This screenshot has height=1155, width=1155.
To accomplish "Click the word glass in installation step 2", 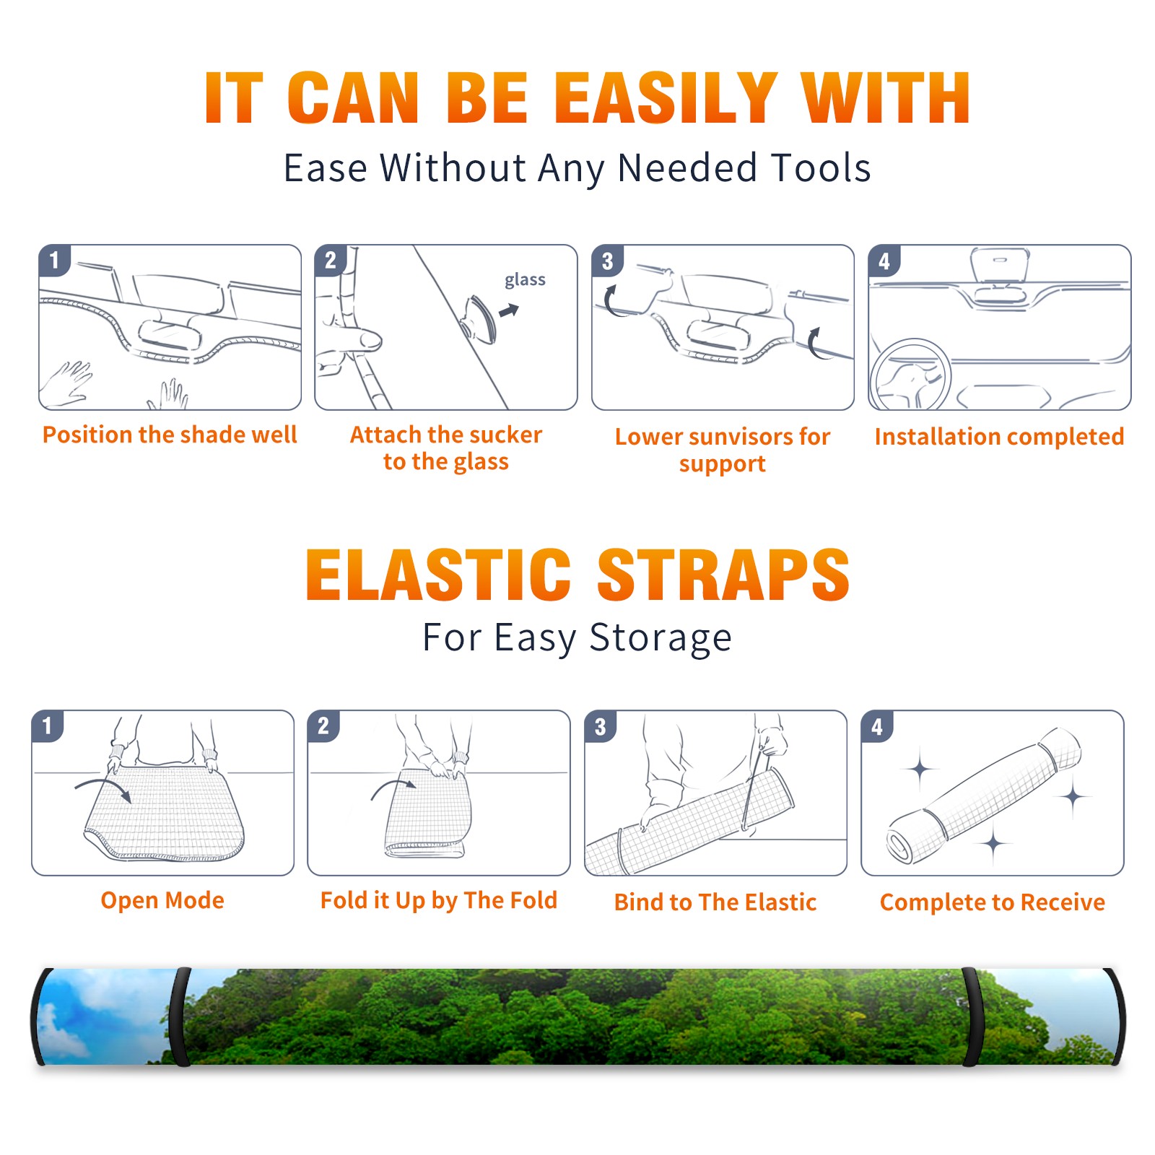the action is coord(525,280).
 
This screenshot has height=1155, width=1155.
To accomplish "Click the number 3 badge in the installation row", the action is coord(607,261).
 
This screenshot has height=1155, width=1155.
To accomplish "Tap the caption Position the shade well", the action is coord(170,435).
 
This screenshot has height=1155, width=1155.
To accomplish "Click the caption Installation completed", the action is coord(999,436).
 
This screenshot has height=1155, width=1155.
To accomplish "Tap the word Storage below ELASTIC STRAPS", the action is coord(661,638).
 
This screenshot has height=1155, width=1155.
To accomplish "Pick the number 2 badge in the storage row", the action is coord(323,725).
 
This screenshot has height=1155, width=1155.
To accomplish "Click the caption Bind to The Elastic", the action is coord(715,902).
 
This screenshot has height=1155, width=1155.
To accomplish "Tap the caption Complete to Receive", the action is coord(993,902).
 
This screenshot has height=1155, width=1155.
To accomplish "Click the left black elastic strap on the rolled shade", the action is coord(180,1016).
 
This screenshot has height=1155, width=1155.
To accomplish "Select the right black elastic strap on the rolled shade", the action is coord(971,1016).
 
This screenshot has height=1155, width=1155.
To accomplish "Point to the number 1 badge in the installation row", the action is coord(54,259).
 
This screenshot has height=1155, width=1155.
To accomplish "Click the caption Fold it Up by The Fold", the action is coord(439,900).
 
